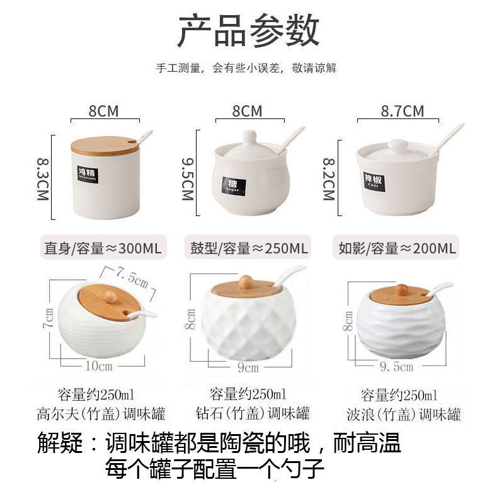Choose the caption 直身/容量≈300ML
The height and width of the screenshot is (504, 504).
click(x=102, y=248)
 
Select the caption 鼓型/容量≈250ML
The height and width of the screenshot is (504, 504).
click(x=249, y=248)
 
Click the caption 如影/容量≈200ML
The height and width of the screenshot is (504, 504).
click(x=396, y=248)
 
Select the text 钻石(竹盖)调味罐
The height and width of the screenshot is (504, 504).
click(x=252, y=414)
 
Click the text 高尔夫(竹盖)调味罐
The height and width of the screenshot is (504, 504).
click(x=101, y=414)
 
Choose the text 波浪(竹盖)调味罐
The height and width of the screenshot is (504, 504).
click(x=403, y=415)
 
